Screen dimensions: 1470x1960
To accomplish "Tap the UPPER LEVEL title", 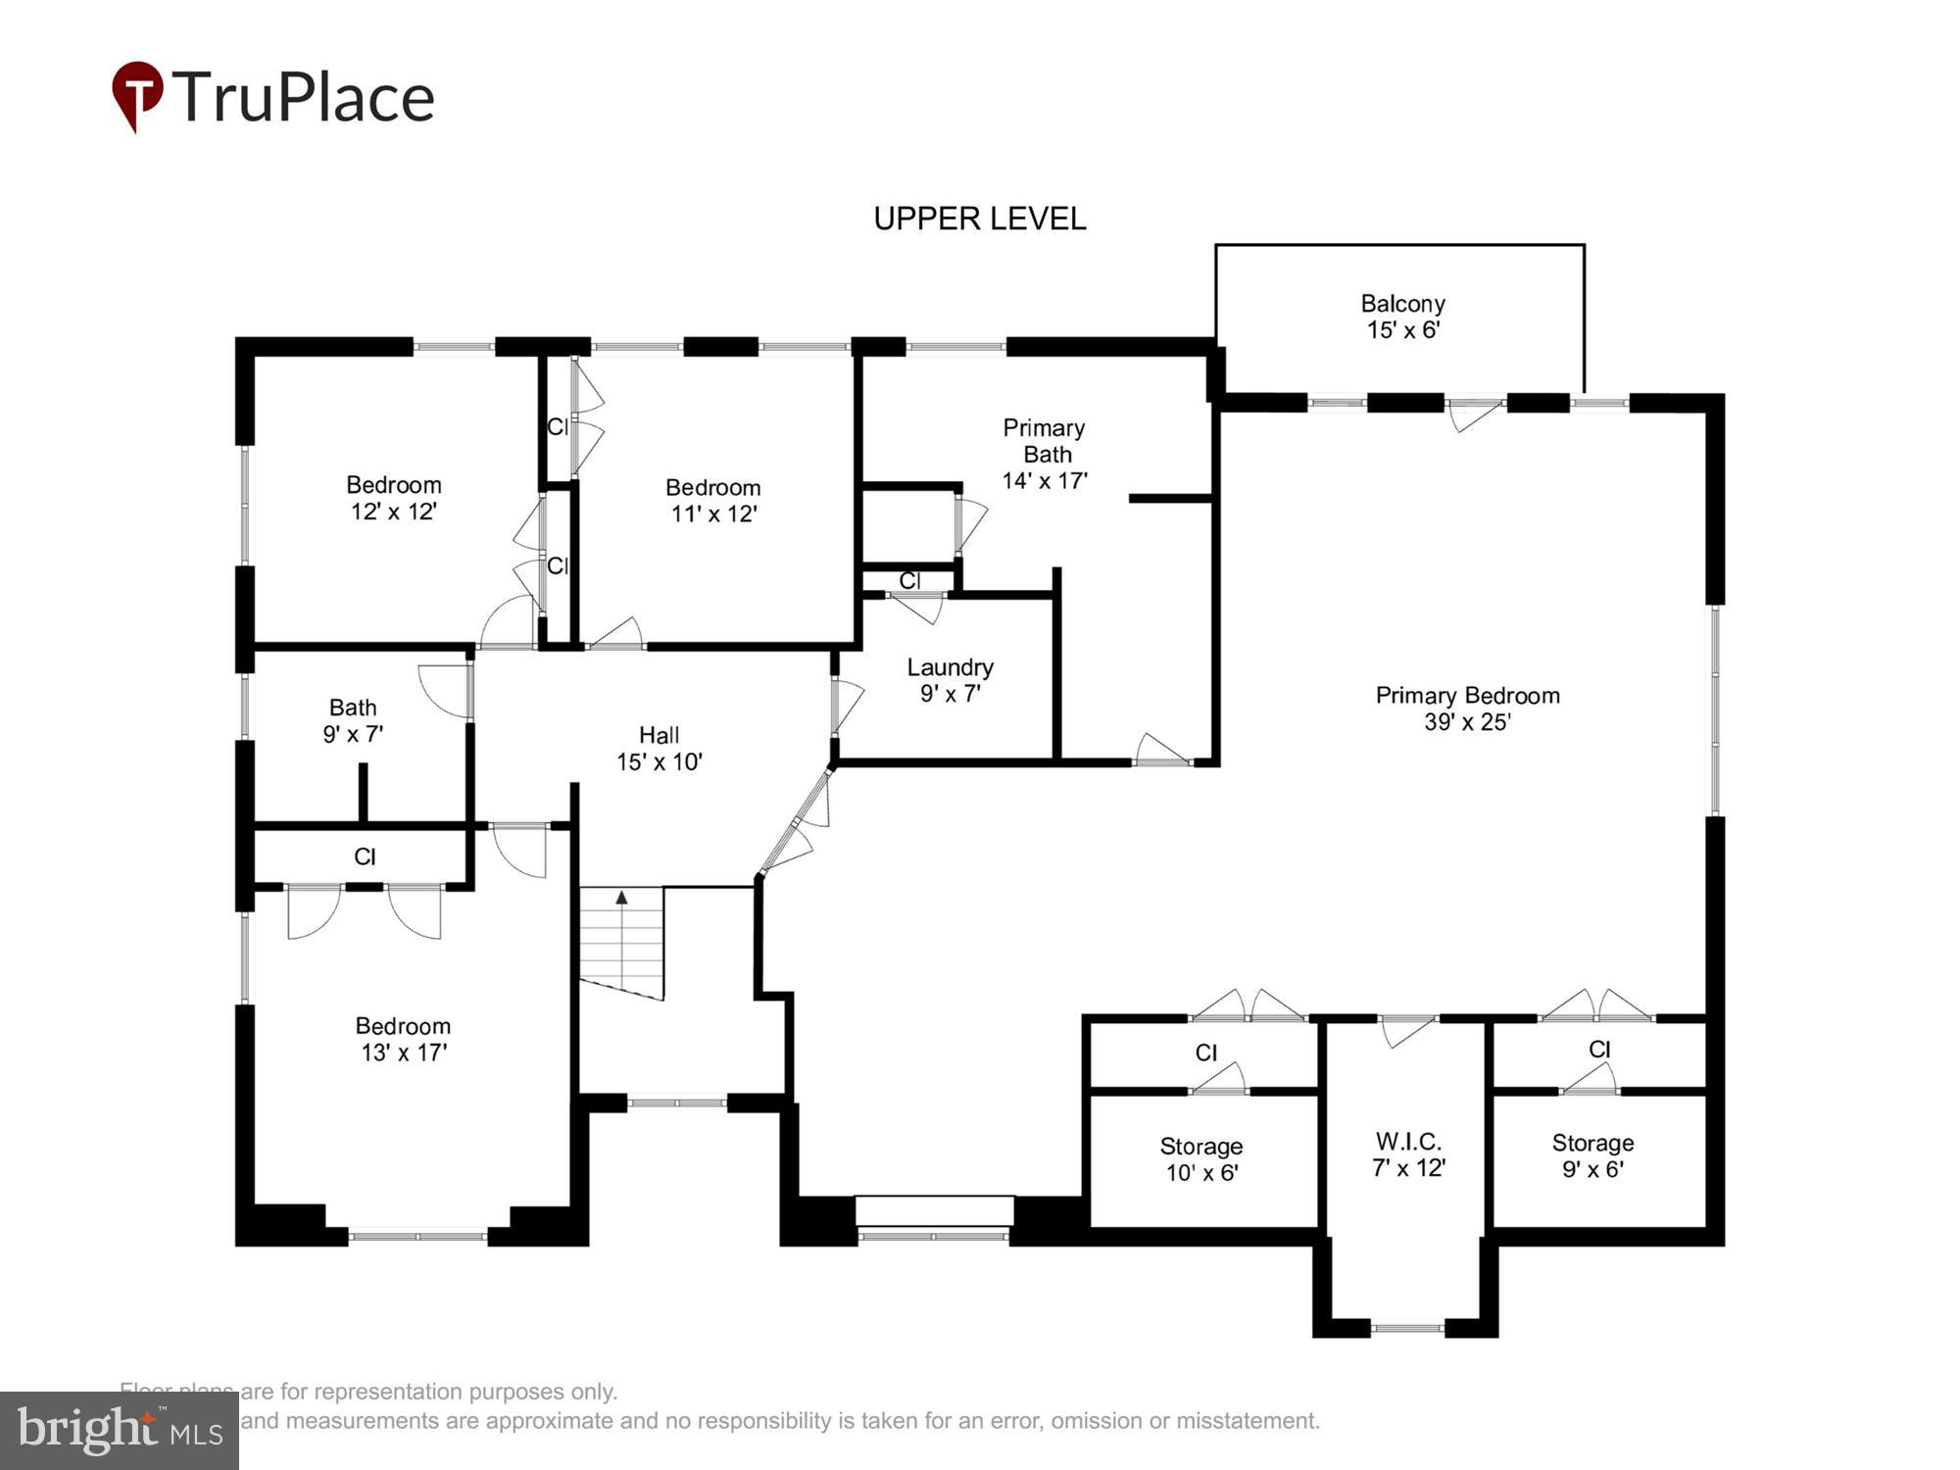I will [979, 219].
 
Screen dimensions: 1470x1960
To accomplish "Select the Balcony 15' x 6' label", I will [1402, 317].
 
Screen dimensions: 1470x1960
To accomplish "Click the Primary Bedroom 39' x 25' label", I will [1467, 709].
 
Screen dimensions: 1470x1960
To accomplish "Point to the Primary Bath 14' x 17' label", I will [1045, 454].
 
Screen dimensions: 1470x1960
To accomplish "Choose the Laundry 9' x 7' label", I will [950, 680].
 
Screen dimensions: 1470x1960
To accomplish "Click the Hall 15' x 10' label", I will [659, 748].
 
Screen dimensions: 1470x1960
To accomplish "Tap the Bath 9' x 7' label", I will [353, 720].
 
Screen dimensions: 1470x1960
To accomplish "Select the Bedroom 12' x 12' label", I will [394, 498].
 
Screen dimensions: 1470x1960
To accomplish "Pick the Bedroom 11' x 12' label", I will [713, 501].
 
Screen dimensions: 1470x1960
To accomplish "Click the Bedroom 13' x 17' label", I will [403, 1039].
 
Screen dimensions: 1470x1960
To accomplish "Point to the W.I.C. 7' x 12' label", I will [1408, 1154].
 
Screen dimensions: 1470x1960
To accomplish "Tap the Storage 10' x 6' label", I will [1201, 1159].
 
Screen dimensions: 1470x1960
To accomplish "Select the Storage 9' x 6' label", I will [1592, 1155].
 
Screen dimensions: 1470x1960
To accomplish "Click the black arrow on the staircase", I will [621, 897].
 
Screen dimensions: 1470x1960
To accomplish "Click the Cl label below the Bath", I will [365, 857].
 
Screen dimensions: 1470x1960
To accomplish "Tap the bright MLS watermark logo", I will [119, 1431].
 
